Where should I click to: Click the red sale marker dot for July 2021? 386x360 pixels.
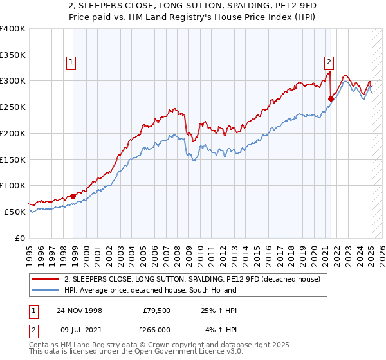(x=331, y=98)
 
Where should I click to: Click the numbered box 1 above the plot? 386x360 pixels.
(x=70, y=62)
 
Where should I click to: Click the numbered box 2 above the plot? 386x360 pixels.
(x=329, y=62)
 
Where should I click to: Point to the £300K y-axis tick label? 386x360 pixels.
(x=13, y=81)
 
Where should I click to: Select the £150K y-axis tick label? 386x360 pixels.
(x=13, y=159)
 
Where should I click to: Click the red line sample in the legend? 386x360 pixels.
(x=46, y=279)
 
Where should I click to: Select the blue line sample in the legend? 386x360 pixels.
(x=46, y=290)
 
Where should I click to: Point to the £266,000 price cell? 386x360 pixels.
(x=154, y=330)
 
